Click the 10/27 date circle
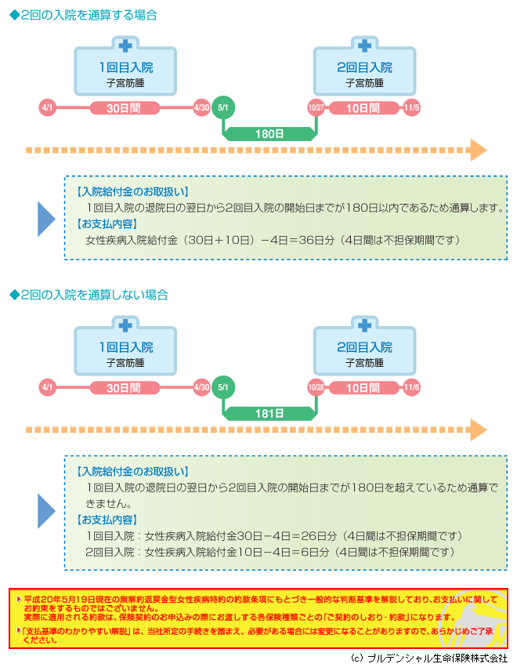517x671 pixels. [x=316, y=107]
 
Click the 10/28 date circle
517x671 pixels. [x=316, y=387]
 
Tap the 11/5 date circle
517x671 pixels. [x=411, y=107]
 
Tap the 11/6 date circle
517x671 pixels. [x=411, y=387]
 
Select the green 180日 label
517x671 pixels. [x=269, y=134]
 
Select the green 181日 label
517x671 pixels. [x=269, y=413]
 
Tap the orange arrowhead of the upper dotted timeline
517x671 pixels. [x=478, y=151]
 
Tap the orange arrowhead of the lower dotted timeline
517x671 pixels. [x=478, y=430]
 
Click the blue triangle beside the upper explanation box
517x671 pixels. [x=45, y=219]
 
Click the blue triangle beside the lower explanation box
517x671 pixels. [x=45, y=511]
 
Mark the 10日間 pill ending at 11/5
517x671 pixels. [x=363, y=108]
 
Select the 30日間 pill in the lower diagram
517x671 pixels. [x=125, y=388]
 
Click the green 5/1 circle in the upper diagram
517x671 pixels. [x=222, y=107]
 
